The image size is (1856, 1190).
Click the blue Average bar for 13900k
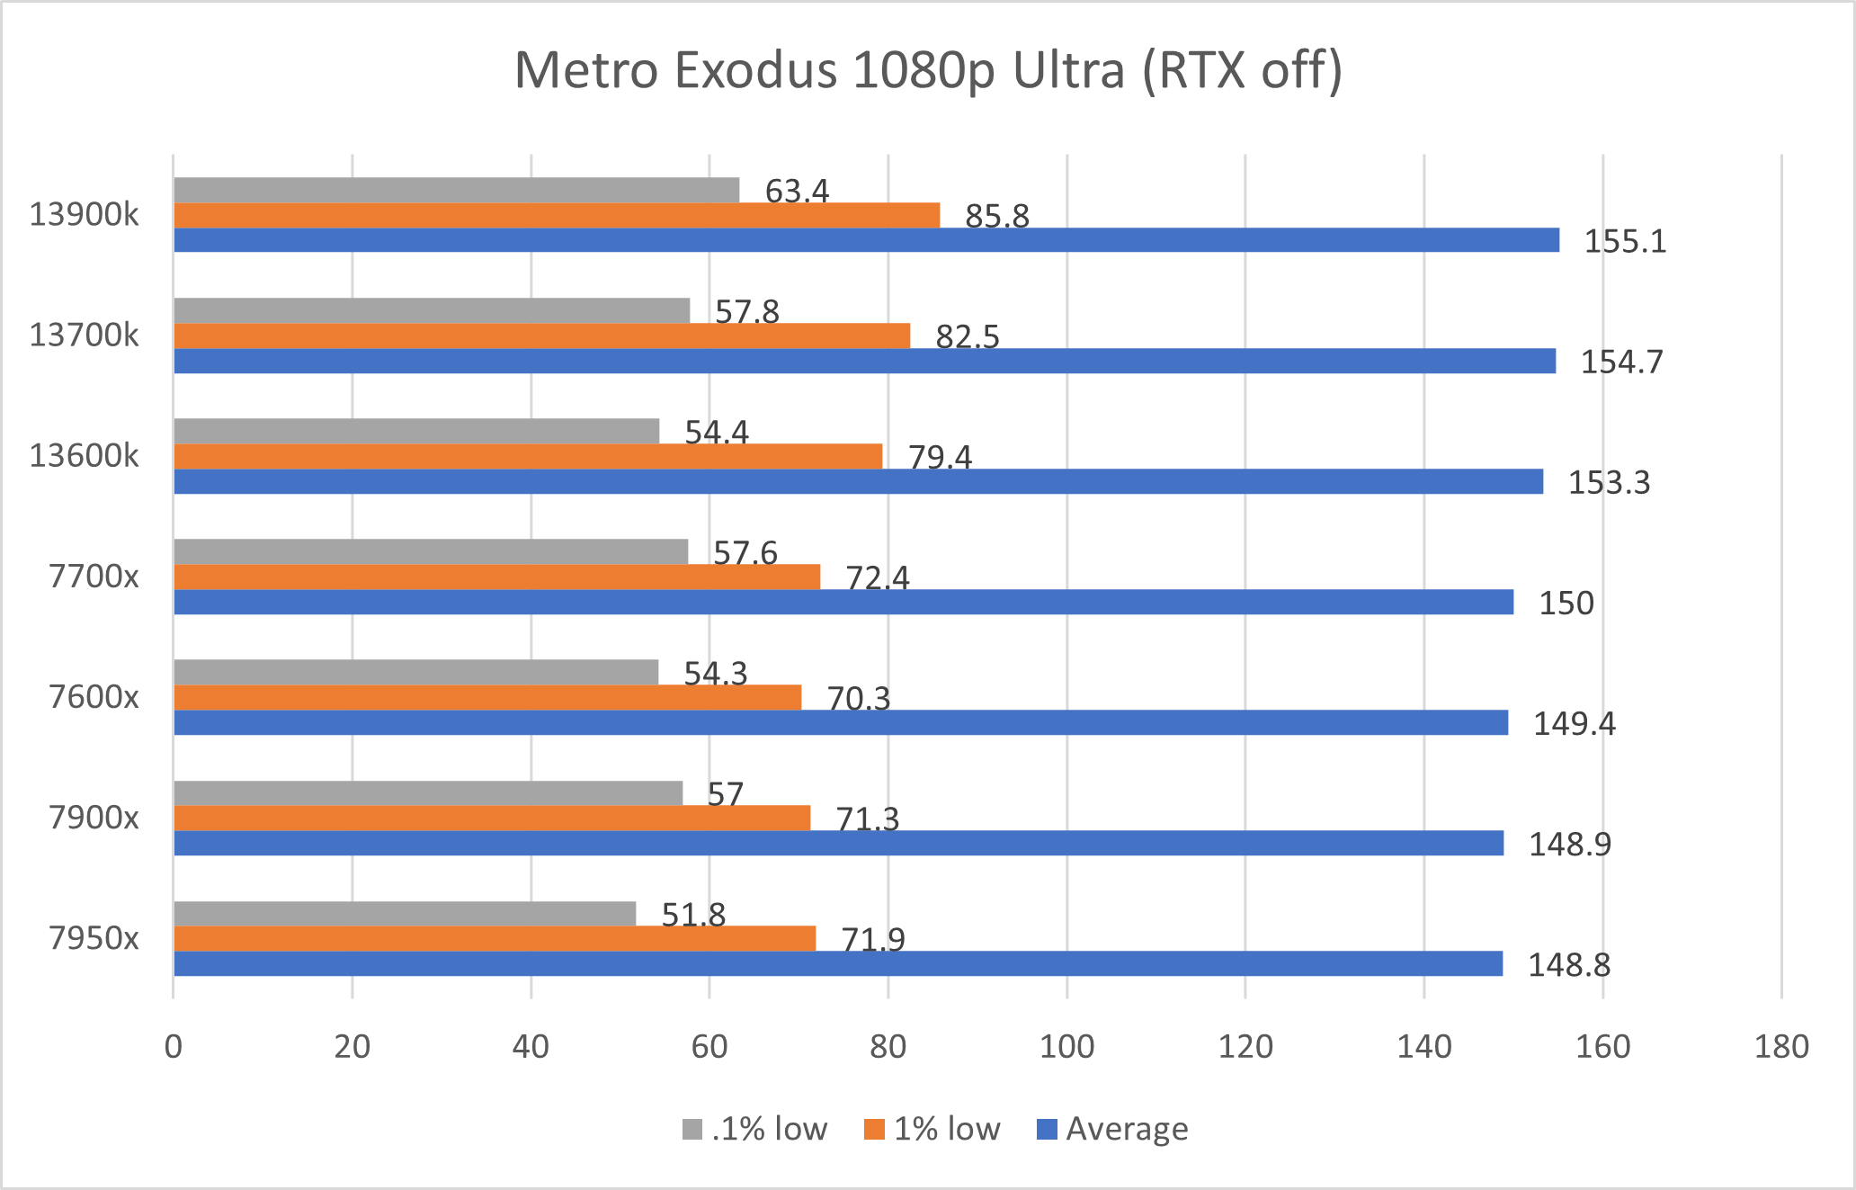pyautogui.click(x=866, y=240)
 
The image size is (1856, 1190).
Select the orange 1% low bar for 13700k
pyautogui.click(x=541, y=336)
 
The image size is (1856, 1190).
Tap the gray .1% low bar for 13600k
pyautogui.click(x=416, y=431)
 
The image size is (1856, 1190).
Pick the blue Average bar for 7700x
pyautogui.click(x=843, y=602)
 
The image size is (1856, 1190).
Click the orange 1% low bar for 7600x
pyautogui.click(x=487, y=697)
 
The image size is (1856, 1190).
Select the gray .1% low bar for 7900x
pyautogui.click(x=428, y=792)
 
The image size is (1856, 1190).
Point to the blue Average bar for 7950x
pyautogui.click(x=838, y=963)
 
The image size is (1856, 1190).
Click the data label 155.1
pyautogui.click(x=1625, y=242)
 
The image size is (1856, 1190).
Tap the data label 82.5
pyautogui.click(x=968, y=337)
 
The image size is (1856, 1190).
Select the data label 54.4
pyautogui.click(x=717, y=433)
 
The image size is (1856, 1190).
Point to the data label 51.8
pyautogui.click(x=693, y=915)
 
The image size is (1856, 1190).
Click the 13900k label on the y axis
pyautogui.click(x=85, y=215)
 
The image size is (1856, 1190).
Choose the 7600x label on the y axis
pyautogui.click(x=94, y=697)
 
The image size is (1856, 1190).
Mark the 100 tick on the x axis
pyautogui.click(x=1066, y=1047)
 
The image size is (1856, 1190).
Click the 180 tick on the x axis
pyautogui.click(x=1781, y=1047)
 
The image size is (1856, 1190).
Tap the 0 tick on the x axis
pyautogui.click(x=174, y=1047)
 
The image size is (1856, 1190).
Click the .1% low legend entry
pyautogui.click(x=755, y=1129)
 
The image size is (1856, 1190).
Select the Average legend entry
pyautogui.click(x=1113, y=1129)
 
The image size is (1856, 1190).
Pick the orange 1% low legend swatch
pyautogui.click(x=874, y=1130)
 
